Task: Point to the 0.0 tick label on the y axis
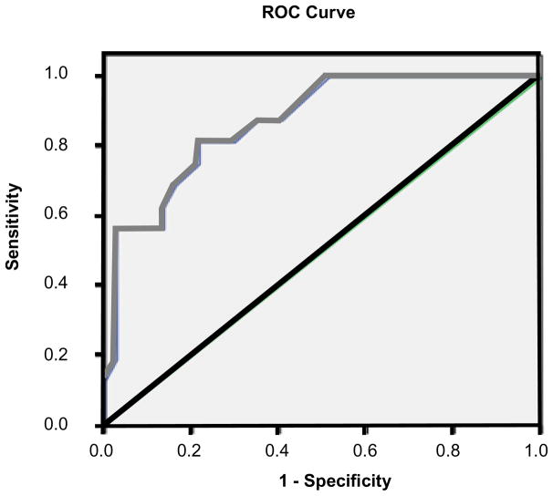pyautogui.click(x=78, y=425)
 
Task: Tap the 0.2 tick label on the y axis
pyautogui.click(x=78, y=355)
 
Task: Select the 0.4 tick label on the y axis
pyautogui.click(x=78, y=284)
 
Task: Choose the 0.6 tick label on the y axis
pyautogui.click(x=78, y=215)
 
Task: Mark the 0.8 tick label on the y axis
pyautogui.click(x=78, y=145)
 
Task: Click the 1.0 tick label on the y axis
pyautogui.click(x=78, y=75)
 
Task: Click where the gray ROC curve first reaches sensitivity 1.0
pyautogui.click(x=327, y=76)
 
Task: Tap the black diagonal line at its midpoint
pyautogui.click(x=319, y=251)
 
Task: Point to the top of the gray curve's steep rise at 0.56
pyautogui.click(x=116, y=228)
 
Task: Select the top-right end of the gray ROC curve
pyautogui.click(x=536, y=76)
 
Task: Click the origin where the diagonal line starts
pyautogui.click(x=104, y=425)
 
